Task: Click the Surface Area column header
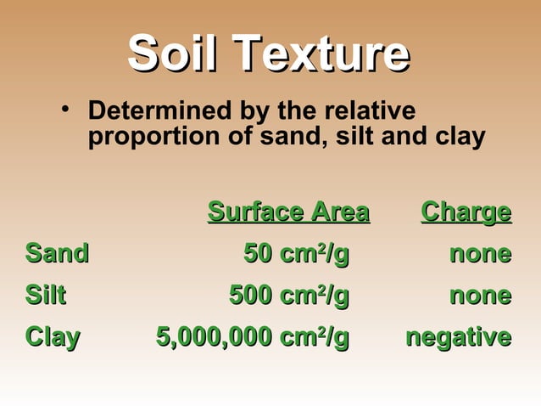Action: pyautogui.click(x=288, y=211)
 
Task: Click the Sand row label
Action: pyautogui.click(x=57, y=253)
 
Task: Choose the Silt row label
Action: pyautogui.click(x=46, y=296)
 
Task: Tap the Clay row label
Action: pyautogui.click(x=53, y=337)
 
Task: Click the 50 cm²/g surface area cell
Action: pyautogui.click(x=296, y=253)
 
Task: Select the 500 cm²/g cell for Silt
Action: pyautogui.click(x=289, y=296)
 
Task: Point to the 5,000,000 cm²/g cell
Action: pyautogui.click(x=253, y=337)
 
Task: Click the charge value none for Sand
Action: pyautogui.click(x=480, y=253)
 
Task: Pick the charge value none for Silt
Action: pyautogui.click(x=480, y=296)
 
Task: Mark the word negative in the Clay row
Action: pyautogui.click(x=458, y=337)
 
